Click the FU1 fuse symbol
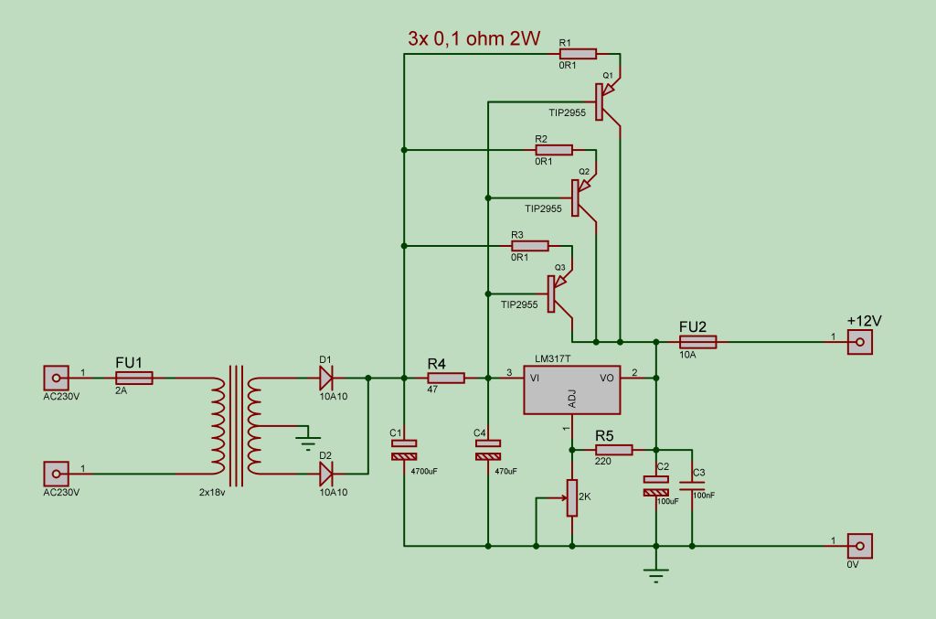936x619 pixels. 134,377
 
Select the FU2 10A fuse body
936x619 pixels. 697,342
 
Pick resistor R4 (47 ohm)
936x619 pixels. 446,377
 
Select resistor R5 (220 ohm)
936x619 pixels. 614,449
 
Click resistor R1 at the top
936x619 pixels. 578,54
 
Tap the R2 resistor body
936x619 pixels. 554,150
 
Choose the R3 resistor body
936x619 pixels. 530,246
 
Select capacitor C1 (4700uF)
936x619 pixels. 403,449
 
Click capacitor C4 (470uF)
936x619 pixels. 488,449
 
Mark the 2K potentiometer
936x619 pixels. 572,497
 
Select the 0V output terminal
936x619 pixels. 858,546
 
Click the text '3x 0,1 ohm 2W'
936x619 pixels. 473,39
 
